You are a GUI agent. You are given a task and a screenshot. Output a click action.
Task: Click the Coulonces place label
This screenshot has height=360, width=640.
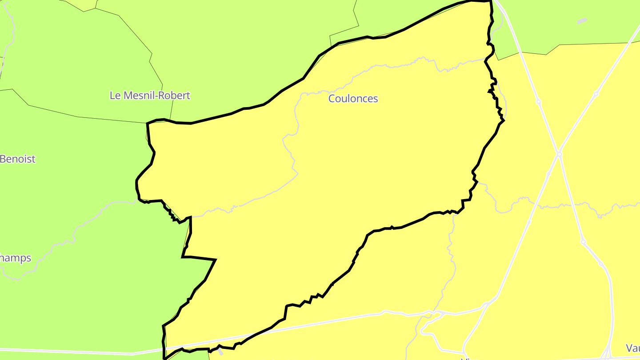point(353,98)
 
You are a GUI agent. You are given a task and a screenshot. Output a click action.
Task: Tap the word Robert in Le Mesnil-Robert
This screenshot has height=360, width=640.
point(174,95)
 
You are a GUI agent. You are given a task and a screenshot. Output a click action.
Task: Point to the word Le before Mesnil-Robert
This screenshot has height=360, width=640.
point(115,95)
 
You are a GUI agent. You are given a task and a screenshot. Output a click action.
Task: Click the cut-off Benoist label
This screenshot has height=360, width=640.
point(17,159)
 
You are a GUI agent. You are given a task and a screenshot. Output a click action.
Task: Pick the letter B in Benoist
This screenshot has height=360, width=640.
point(3,159)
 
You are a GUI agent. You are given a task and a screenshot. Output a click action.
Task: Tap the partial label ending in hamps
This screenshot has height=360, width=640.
point(16,258)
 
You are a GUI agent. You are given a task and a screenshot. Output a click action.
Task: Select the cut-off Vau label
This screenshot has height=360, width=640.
point(632,348)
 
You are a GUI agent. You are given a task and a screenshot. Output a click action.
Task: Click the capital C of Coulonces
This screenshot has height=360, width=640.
point(332,98)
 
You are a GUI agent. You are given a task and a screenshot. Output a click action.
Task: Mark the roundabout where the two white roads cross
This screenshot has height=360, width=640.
point(559,154)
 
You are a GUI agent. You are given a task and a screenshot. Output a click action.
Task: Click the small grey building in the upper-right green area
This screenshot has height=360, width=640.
point(581,20)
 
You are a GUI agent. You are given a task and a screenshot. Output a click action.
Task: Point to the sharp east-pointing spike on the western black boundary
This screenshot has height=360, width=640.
point(216,259)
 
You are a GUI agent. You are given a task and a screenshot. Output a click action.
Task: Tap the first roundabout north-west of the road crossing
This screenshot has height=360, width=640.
point(539,102)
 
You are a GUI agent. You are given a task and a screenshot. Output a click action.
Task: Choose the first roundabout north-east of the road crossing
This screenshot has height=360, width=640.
point(596,94)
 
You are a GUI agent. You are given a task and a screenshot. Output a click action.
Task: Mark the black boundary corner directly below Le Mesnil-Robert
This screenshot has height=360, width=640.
point(148,123)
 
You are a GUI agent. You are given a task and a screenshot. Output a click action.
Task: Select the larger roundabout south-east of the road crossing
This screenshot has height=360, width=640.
point(583,242)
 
